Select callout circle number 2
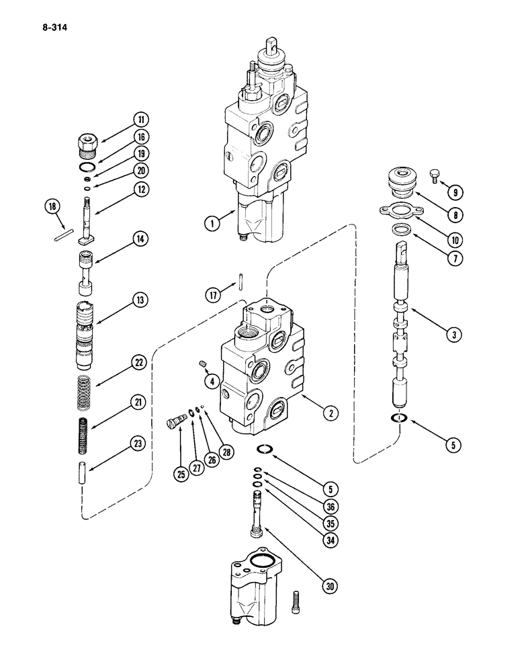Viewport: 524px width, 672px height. click(x=328, y=414)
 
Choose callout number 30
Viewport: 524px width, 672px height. click(x=329, y=587)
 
